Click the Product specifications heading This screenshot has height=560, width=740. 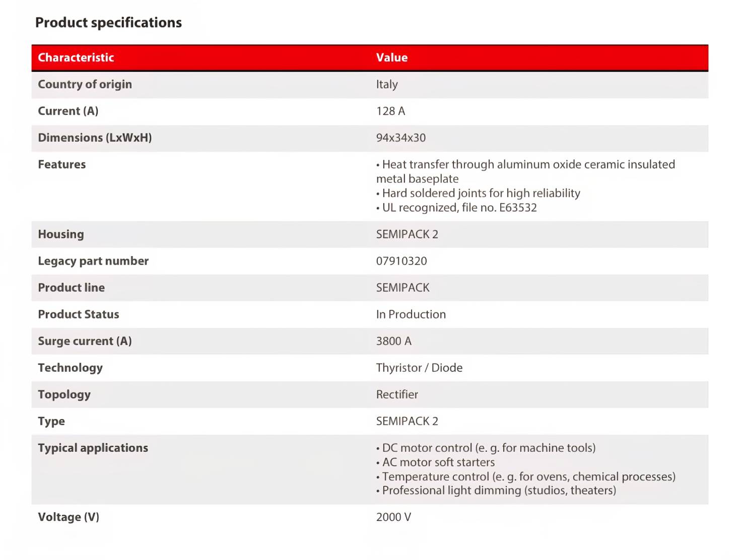(108, 23)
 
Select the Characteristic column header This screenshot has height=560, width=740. (76, 57)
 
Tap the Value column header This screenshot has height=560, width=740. (391, 57)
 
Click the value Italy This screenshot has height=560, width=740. (386, 84)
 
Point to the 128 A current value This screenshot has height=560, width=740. (390, 111)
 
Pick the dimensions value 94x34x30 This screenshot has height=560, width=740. (400, 137)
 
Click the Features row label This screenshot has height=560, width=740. (61, 164)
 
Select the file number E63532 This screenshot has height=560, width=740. (518, 207)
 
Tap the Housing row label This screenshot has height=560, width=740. (61, 234)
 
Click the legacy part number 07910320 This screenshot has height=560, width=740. (401, 261)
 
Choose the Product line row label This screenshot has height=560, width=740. (71, 287)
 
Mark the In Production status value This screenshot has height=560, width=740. (411, 314)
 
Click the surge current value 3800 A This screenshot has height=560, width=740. (393, 341)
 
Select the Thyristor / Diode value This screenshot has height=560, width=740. (419, 367)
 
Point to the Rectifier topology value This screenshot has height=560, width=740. (397, 394)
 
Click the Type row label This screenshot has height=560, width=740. (51, 421)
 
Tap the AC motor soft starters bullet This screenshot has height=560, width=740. (438, 462)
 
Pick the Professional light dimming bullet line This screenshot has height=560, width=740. (499, 490)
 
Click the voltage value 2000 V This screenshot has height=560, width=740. (393, 517)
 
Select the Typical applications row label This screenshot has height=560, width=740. (93, 448)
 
